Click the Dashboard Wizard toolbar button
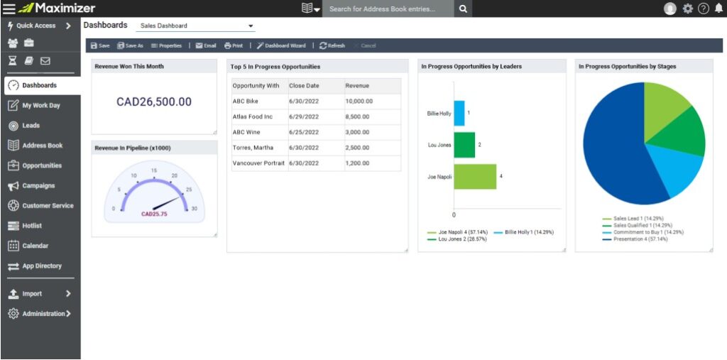281,45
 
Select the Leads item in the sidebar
31,126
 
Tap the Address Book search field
388,9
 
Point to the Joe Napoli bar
475,177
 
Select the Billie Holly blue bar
459,113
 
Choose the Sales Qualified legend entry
638,225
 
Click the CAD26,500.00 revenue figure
154,102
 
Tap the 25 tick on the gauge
188,190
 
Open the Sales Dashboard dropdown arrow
251,26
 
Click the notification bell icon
718,9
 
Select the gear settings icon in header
687,9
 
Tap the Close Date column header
304,86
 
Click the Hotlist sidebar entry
33,226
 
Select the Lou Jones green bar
464,145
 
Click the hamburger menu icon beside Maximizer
9,9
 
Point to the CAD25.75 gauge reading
154,214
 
